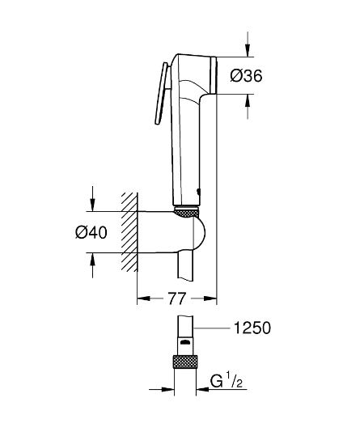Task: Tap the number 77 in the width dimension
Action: point(177,299)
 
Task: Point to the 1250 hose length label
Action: point(249,328)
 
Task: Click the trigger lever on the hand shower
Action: point(160,95)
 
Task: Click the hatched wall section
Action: point(128,231)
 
